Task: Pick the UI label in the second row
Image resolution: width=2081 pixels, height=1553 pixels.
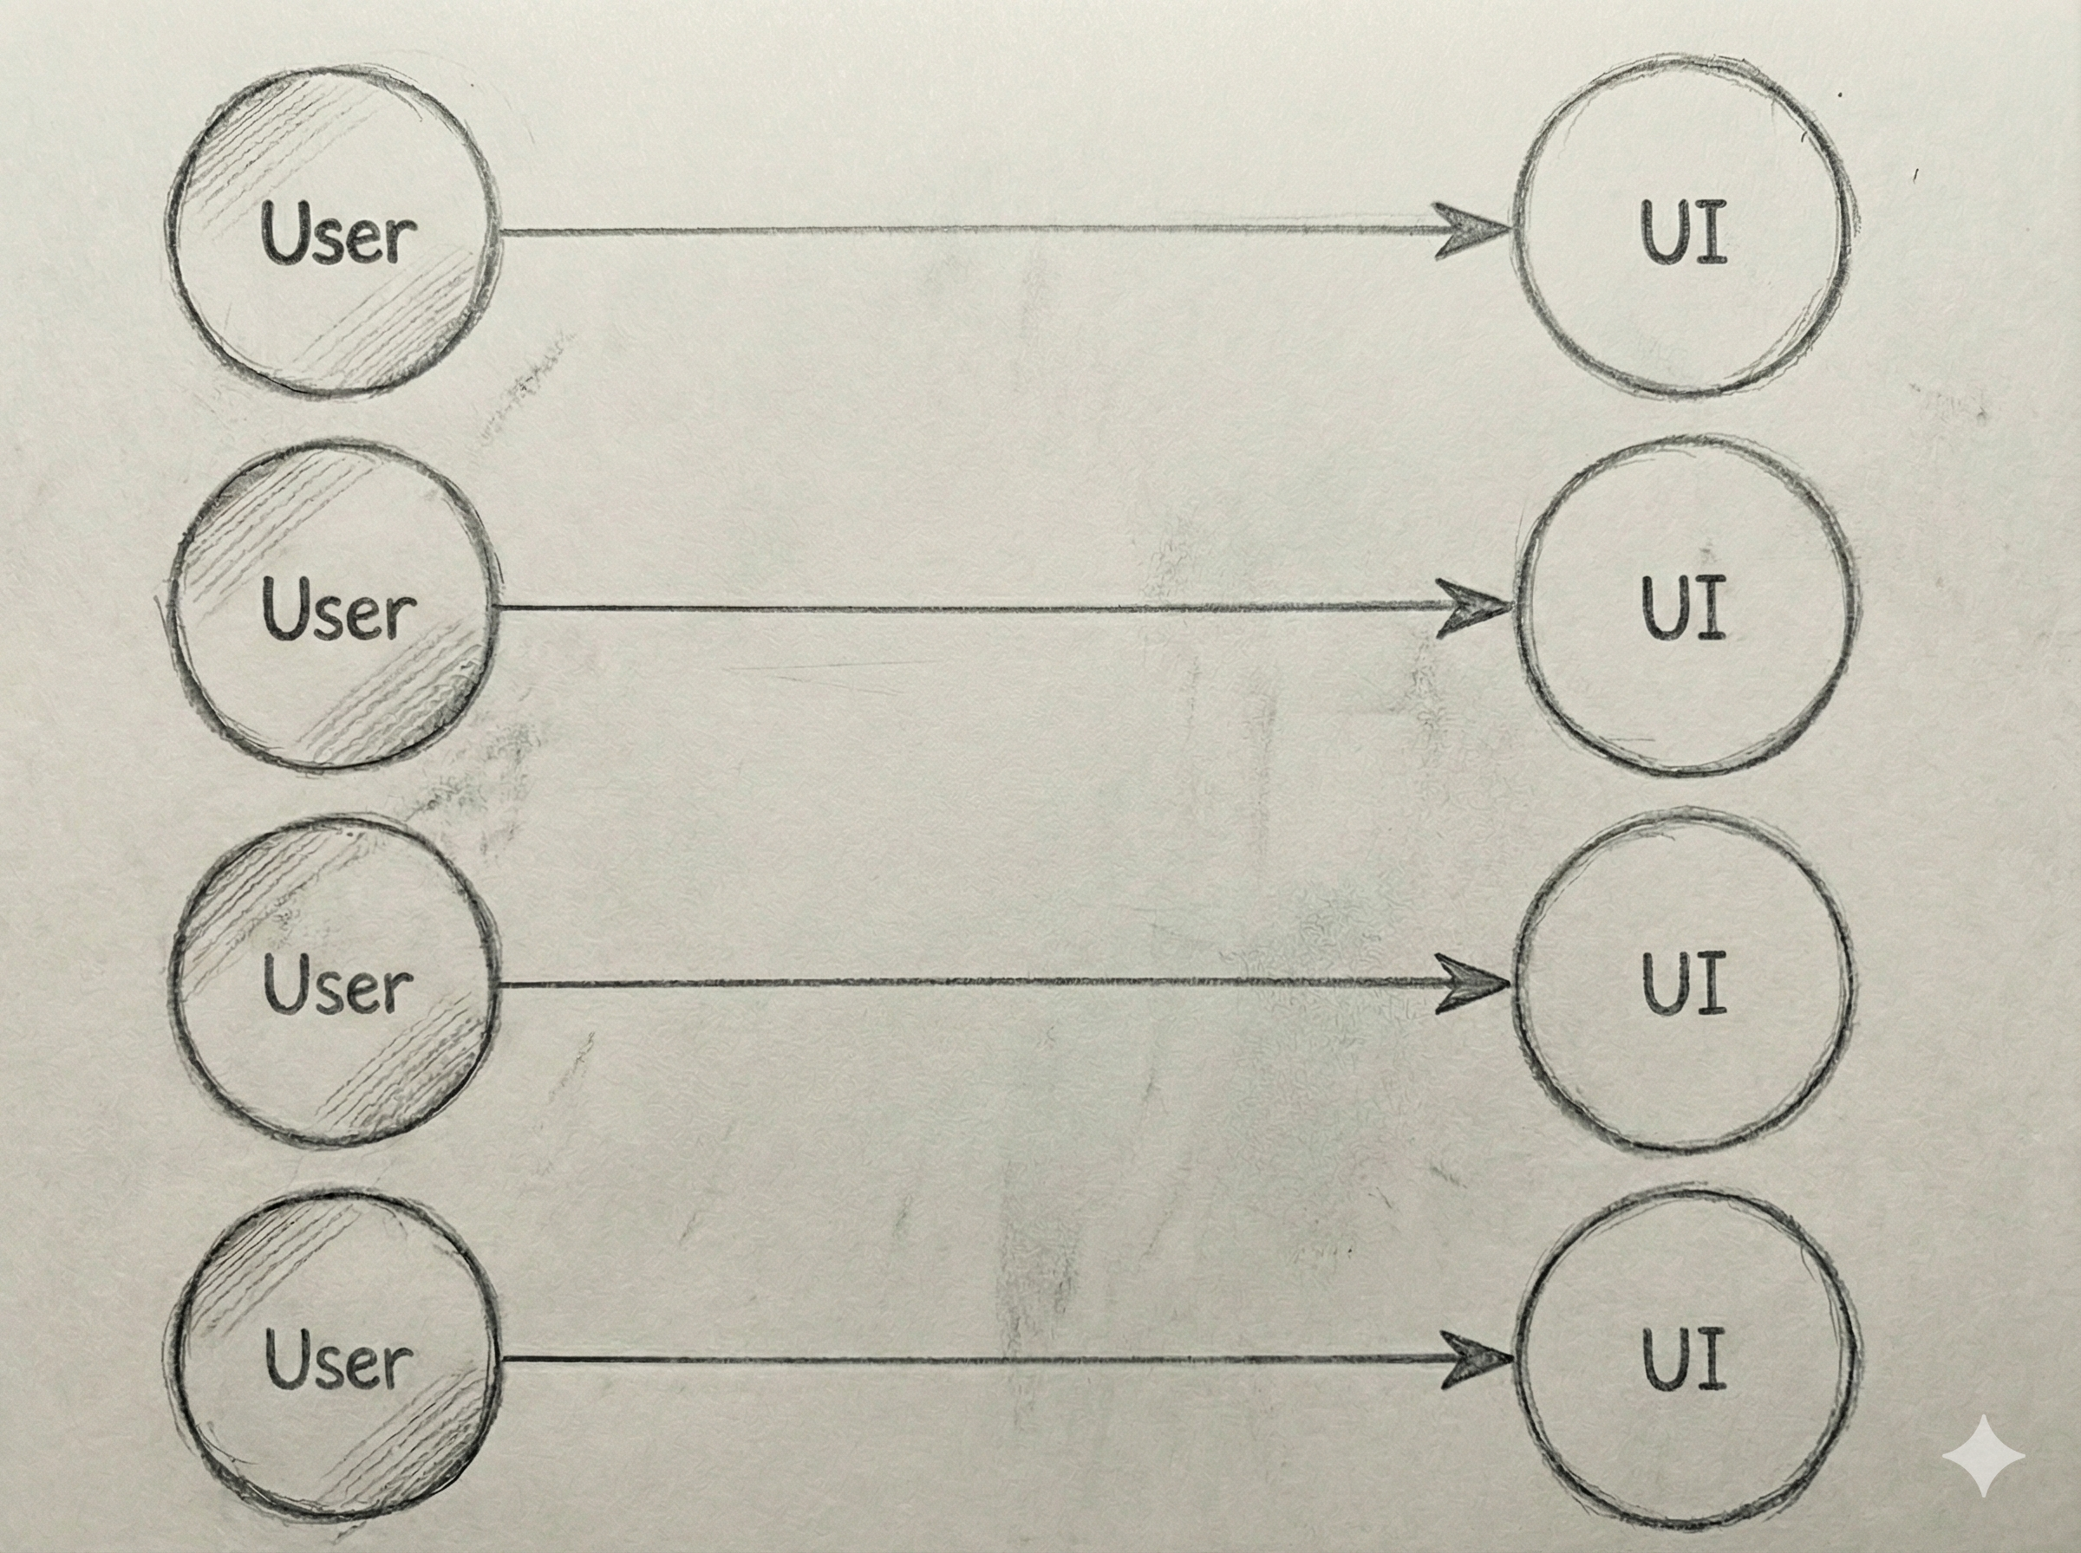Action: [x=1684, y=608]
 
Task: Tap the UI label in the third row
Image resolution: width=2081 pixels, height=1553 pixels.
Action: [x=1684, y=984]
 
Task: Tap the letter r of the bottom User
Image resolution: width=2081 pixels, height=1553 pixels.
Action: [x=400, y=1368]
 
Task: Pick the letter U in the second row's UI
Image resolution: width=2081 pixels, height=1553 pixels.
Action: [x=1666, y=608]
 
